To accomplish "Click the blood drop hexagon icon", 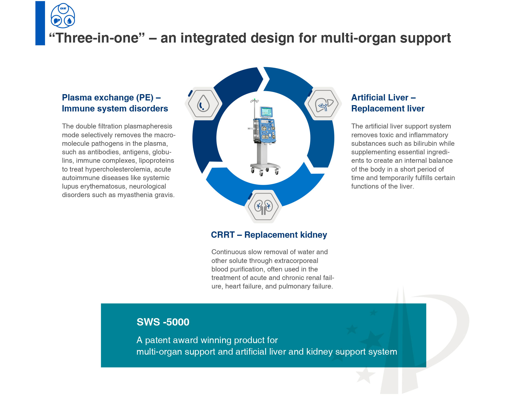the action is click(x=203, y=104).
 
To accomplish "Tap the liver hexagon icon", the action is click(x=323, y=104).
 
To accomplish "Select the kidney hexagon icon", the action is click(x=263, y=206).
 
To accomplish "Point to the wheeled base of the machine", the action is click(x=265, y=169).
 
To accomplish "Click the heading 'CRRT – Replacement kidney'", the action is click(x=269, y=235).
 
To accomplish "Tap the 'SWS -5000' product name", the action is click(x=163, y=322).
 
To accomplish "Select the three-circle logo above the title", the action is click(x=63, y=16).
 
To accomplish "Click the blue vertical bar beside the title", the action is click(x=40, y=23).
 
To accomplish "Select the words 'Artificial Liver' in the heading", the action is click(x=380, y=97).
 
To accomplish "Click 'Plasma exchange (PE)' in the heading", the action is click(x=108, y=98).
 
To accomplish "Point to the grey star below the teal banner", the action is click(x=365, y=375).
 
